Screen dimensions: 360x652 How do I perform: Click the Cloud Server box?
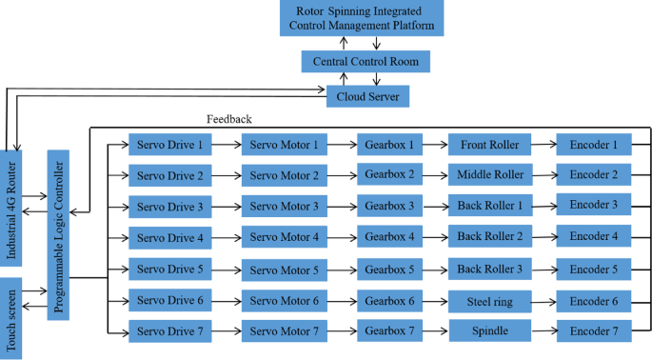(x=367, y=96)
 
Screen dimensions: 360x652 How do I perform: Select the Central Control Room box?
(x=366, y=62)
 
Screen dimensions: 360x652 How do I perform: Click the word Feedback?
(x=228, y=119)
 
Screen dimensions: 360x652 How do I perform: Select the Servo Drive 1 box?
(x=169, y=145)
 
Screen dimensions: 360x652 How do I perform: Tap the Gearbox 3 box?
(x=385, y=207)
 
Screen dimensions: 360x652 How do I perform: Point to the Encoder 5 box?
(x=594, y=270)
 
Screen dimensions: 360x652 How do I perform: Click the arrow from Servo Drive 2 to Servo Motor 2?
(x=227, y=175)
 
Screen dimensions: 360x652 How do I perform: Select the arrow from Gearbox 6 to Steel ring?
(x=431, y=301)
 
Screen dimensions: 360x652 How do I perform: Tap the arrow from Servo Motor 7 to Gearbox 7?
(x=342, y=331)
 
